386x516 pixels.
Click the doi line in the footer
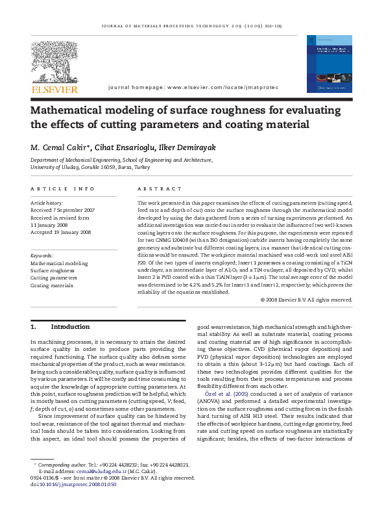(x=66, y=484)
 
